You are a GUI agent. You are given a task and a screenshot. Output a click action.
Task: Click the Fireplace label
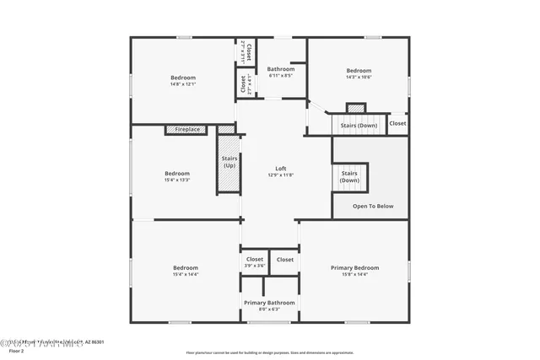tap(187, 129)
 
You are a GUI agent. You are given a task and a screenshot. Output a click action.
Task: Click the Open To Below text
tap(372, 206)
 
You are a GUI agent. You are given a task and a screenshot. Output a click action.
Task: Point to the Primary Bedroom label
tap(354, 268)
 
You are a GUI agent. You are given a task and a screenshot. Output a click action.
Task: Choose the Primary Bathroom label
tap(269, 303)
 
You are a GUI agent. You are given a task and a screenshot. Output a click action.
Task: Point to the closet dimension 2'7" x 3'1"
tap(242, 52)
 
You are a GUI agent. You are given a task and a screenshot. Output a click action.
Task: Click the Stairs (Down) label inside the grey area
tap(349, 176)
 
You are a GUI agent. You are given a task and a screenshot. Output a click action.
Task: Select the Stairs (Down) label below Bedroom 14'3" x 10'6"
tap(359, 125)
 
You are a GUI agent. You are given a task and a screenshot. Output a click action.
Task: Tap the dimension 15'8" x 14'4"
tap(354, 274)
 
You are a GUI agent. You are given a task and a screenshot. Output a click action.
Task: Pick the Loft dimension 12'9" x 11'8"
tap(281, 175)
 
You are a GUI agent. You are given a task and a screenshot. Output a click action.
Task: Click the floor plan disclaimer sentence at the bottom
tap(269, 352)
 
